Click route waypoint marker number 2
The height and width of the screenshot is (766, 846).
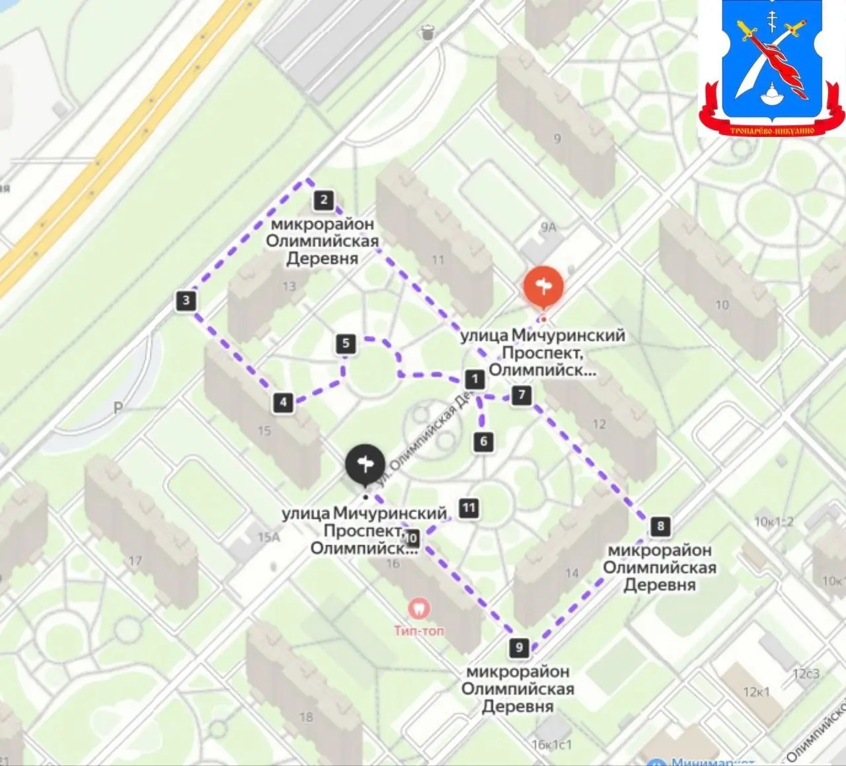tap(323, 200)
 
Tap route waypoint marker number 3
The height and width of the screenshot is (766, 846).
tap(186, 301)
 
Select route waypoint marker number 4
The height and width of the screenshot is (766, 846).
tap(284, 402)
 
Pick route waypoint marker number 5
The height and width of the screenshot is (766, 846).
tap(346, 344)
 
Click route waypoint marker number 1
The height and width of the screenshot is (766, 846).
tap(475, 379)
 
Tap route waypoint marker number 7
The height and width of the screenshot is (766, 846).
tap(522, 395)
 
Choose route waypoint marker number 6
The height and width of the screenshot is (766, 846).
tap(484, 441)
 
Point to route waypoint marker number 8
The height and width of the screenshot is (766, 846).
tap(660, 526)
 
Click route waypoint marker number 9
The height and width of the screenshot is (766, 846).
tap(519, 648)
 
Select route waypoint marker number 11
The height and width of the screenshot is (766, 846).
tap(469, 508)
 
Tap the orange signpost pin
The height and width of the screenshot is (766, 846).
tap(543, 287)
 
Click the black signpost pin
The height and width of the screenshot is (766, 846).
tap(365, 465)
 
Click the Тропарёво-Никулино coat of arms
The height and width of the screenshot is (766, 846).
tap(771, 69)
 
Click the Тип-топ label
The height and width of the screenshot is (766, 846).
tap(419, 631)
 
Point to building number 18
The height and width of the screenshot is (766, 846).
tap(305, 716)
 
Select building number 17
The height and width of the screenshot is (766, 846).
tap(135, 561)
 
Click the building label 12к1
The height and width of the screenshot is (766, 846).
tap(756, 692)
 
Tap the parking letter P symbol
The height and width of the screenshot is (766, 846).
tap(118, 408)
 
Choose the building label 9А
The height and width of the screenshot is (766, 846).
tap(548, 227)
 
